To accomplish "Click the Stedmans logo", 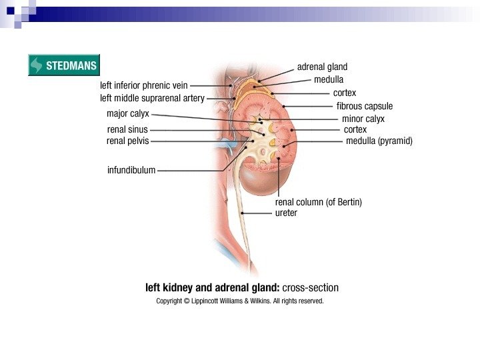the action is [x=63, y=65].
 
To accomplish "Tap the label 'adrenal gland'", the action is [x=322, y=67].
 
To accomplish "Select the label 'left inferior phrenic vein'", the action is [x=144, y=85].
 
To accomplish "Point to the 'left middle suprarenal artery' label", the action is [x=152, y=98].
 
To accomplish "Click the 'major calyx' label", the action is [x=128, y=113].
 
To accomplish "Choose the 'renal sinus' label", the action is [x=127, y=129].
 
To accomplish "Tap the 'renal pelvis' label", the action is [x=127, y=141].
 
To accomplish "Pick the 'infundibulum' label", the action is [x=131, y=170].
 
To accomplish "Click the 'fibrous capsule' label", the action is [x=364, y=106].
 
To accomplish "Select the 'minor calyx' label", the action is [x=363, y=119].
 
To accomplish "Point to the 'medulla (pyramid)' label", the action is [x=379, y=141].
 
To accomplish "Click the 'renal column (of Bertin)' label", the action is [x=319, y=202].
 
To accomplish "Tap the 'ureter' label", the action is [x=286, y=213].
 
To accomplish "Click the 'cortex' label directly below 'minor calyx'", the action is [x=355, y=129].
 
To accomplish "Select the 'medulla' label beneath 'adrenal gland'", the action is [x=329, y=79].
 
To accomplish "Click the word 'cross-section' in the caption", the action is [x=311, y=288].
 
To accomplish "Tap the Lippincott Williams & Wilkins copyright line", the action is [x=240, y=301].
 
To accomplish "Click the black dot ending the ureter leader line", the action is [x=243, y=213].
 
